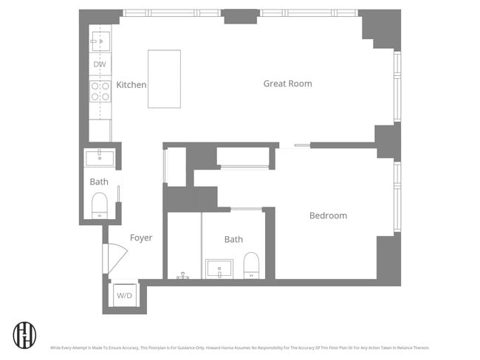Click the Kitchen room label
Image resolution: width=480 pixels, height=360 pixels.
point(131,85)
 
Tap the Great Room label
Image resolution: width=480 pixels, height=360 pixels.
point(287,83)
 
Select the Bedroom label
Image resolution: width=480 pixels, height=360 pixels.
point(328,215)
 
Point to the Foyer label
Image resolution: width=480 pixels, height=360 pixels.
point(141,238)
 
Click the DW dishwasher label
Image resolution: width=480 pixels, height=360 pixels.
point(100,65)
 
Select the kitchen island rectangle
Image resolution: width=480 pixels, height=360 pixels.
point(164,79)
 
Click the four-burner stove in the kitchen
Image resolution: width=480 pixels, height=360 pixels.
point(100,91)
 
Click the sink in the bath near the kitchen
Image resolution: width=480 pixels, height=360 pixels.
point(100,157)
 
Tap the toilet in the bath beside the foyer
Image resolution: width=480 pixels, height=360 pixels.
point(100,205)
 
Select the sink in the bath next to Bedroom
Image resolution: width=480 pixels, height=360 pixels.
point(219,269)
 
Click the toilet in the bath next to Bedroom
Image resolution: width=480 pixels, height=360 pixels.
point(252,266)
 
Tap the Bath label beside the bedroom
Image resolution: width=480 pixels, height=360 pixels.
point(233,239)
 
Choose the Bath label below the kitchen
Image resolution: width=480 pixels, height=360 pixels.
point(99,181)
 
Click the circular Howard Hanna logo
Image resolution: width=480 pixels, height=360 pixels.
point(24,334)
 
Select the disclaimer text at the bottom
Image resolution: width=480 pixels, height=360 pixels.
point(239,347)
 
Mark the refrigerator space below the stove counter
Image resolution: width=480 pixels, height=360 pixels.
point(100,131)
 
